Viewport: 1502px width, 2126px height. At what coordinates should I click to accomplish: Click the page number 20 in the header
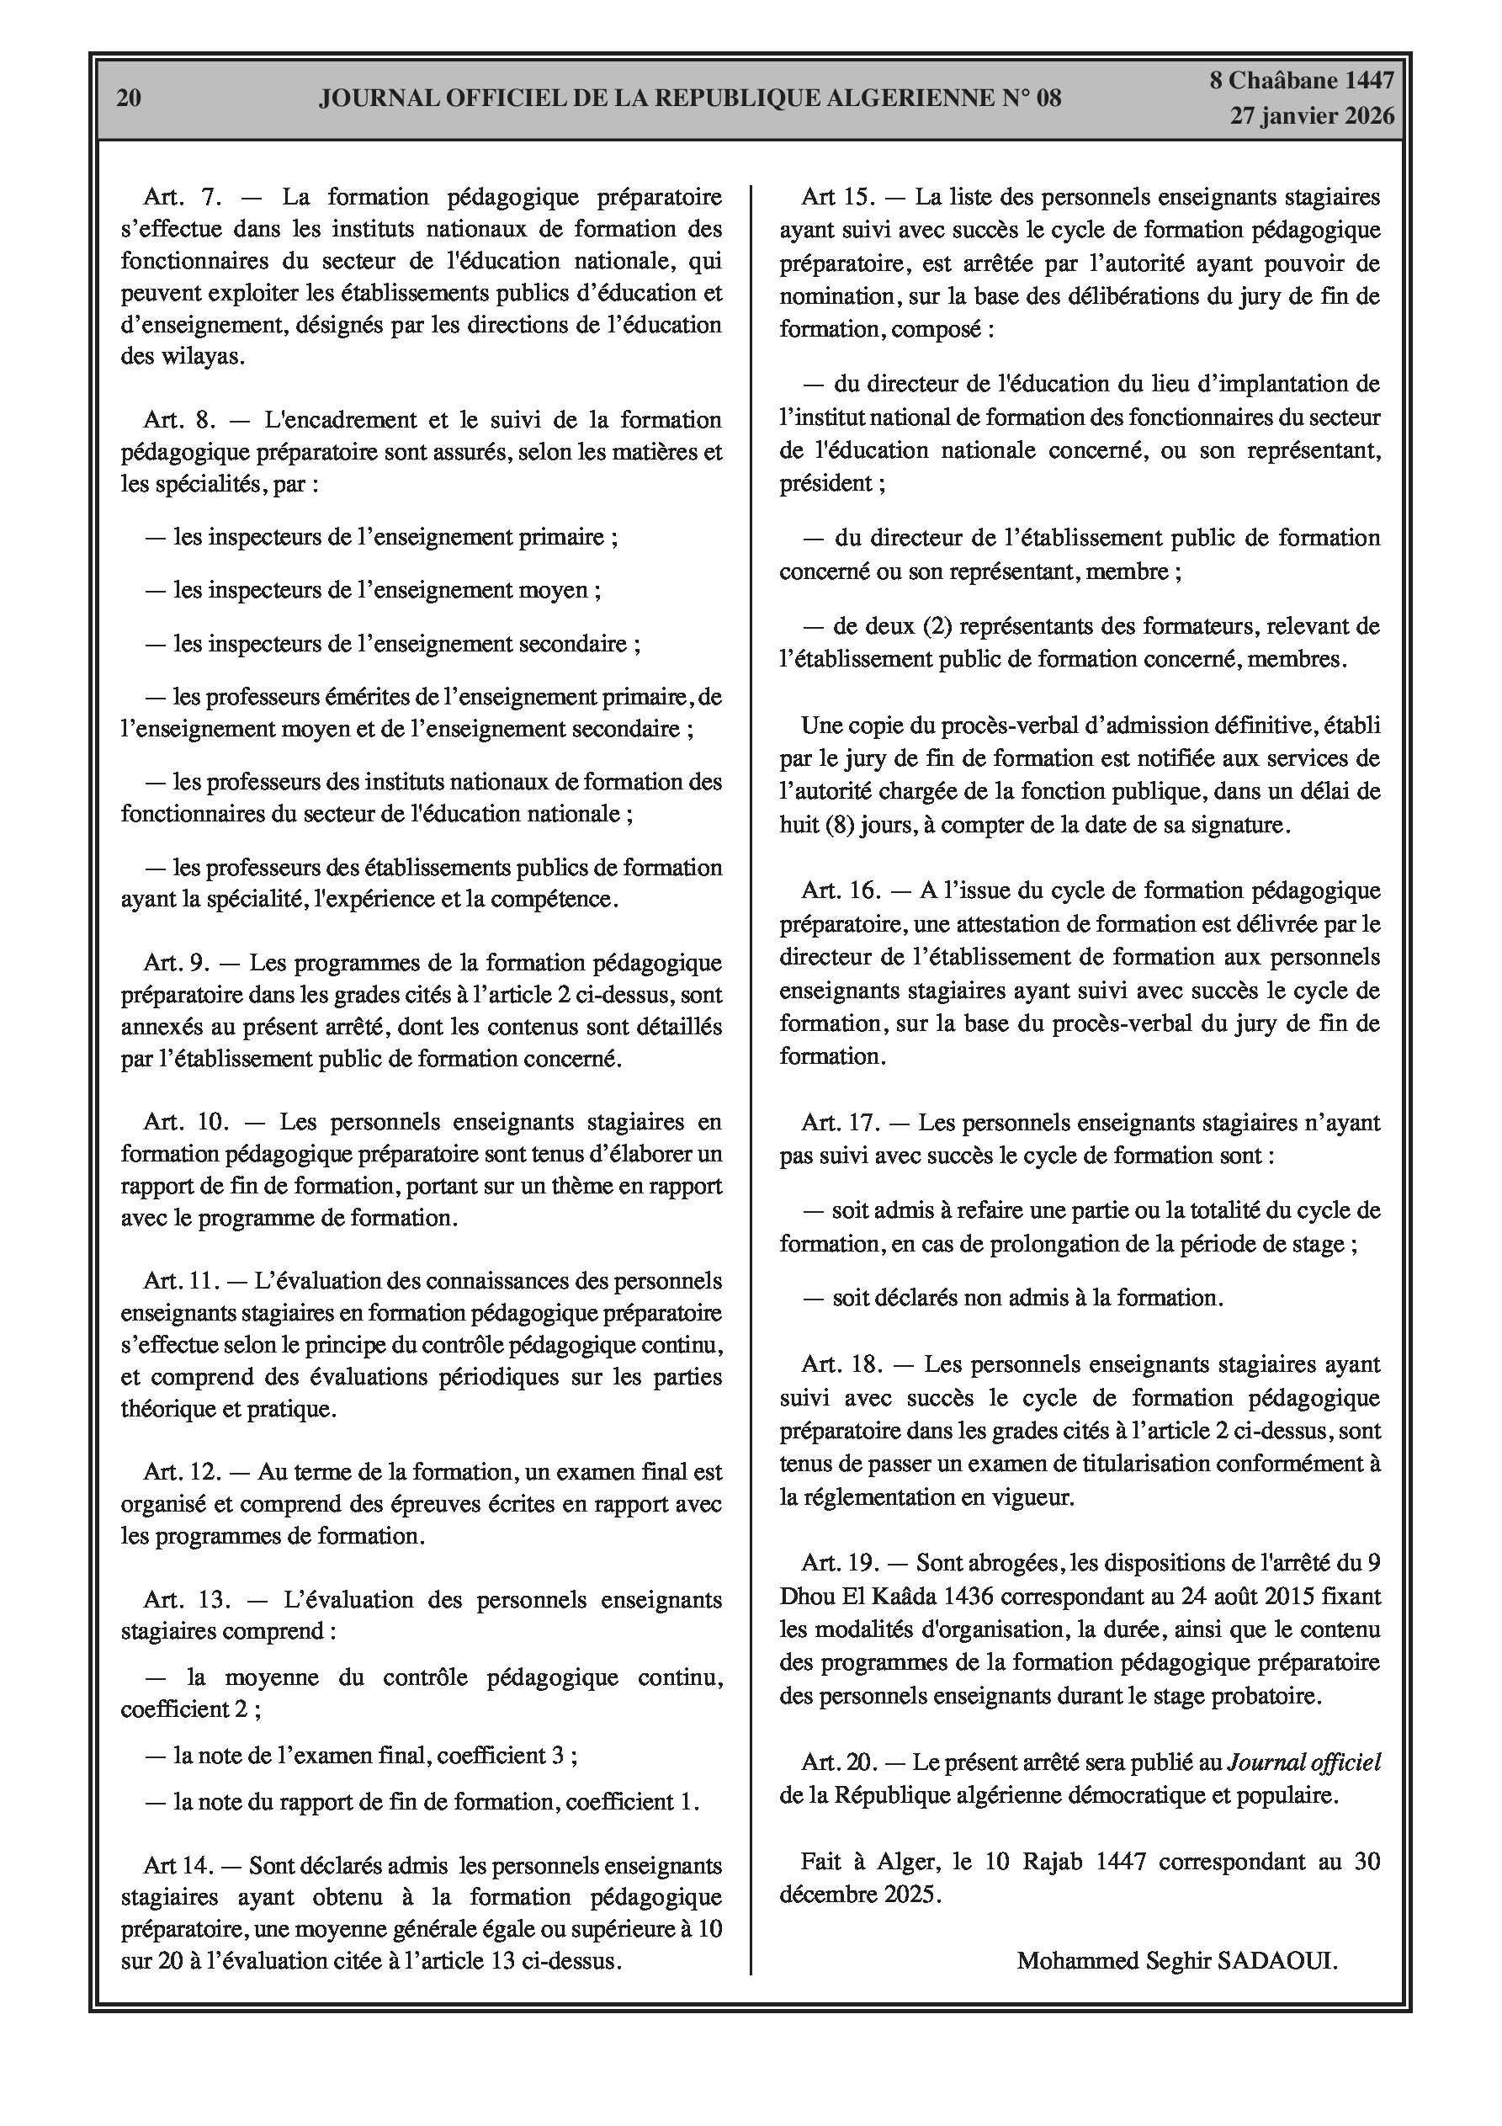click(129, 98)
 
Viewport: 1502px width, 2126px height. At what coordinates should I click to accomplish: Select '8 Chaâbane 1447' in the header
click(1301, 81)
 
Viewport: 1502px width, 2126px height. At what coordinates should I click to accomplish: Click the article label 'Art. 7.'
click(181, 197)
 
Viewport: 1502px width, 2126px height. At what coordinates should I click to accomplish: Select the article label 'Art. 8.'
click(181, 420)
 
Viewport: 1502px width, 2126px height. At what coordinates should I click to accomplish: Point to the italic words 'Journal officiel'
click(1303, 1763)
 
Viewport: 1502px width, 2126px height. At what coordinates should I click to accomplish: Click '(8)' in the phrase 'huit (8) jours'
click(840, 824)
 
